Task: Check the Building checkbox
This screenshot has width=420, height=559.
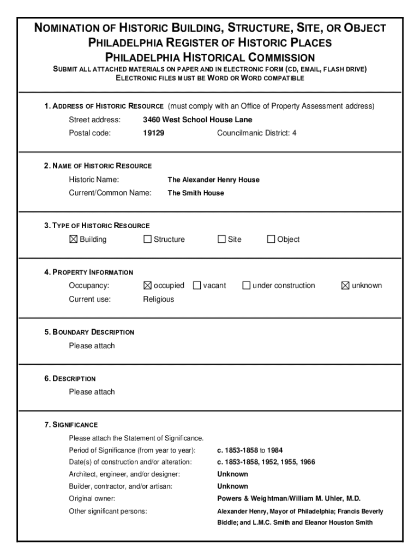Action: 74,239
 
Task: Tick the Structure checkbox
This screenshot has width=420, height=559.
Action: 147,239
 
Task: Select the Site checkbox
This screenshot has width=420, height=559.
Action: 221,239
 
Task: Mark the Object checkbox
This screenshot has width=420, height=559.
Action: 271,239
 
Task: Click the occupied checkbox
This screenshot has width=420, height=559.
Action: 147,286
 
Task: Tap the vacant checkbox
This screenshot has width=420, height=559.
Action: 197,286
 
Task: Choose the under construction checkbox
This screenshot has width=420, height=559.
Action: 247,286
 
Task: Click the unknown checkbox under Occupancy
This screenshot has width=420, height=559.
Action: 345,286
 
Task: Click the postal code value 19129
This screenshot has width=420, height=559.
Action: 153,133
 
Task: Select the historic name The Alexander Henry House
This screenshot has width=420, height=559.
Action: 213,180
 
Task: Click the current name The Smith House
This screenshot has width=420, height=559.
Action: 195,193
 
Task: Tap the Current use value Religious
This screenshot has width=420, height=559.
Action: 158,299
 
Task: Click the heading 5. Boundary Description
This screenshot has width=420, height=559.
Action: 89,332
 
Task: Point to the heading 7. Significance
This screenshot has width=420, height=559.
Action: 71,425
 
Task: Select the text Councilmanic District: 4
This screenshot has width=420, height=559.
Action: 256,133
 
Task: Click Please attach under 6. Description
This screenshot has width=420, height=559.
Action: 92,392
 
